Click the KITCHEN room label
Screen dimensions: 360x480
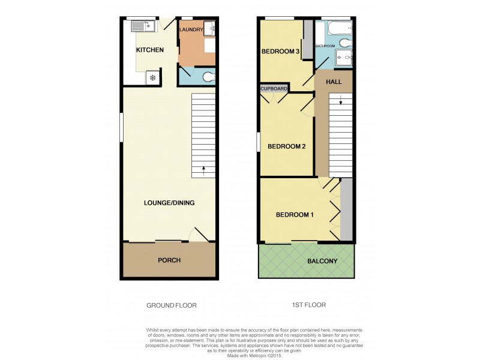[149, 50]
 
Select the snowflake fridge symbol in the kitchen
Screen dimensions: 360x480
[153, 77]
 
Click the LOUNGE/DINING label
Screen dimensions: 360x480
[169, 203]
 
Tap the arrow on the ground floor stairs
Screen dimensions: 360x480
[204, 169]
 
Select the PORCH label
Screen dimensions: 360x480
[169, 260]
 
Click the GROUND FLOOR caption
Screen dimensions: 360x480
[172, 305]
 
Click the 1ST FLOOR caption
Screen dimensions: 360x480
[308, 305]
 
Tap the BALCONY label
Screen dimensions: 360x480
[322, 261]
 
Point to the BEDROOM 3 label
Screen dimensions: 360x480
[280, 52]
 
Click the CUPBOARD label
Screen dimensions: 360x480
[274, 89]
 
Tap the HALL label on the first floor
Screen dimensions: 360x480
[334, 81]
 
